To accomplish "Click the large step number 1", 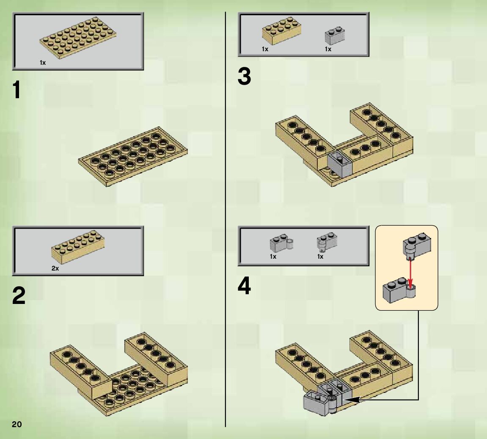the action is [x=17, y=90].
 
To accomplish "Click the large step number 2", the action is [x=19, y=295].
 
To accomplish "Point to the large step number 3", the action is [x=244, y=76].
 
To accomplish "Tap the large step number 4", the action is [x=244, y=286].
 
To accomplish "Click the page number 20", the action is [x=17, y=425].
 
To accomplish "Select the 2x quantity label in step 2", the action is [x=55, y=268].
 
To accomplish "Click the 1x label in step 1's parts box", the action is [x=43, y=63].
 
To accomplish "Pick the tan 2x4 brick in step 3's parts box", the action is [x=281, y=30].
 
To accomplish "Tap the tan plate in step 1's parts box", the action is [x=78, y=38].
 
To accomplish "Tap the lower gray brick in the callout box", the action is [x=399, y=290].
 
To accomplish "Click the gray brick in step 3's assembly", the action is [x=340, y=164].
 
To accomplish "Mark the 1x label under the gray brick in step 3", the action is [x=328, y=49].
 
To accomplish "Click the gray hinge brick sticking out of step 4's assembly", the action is [x=320, y=403].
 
